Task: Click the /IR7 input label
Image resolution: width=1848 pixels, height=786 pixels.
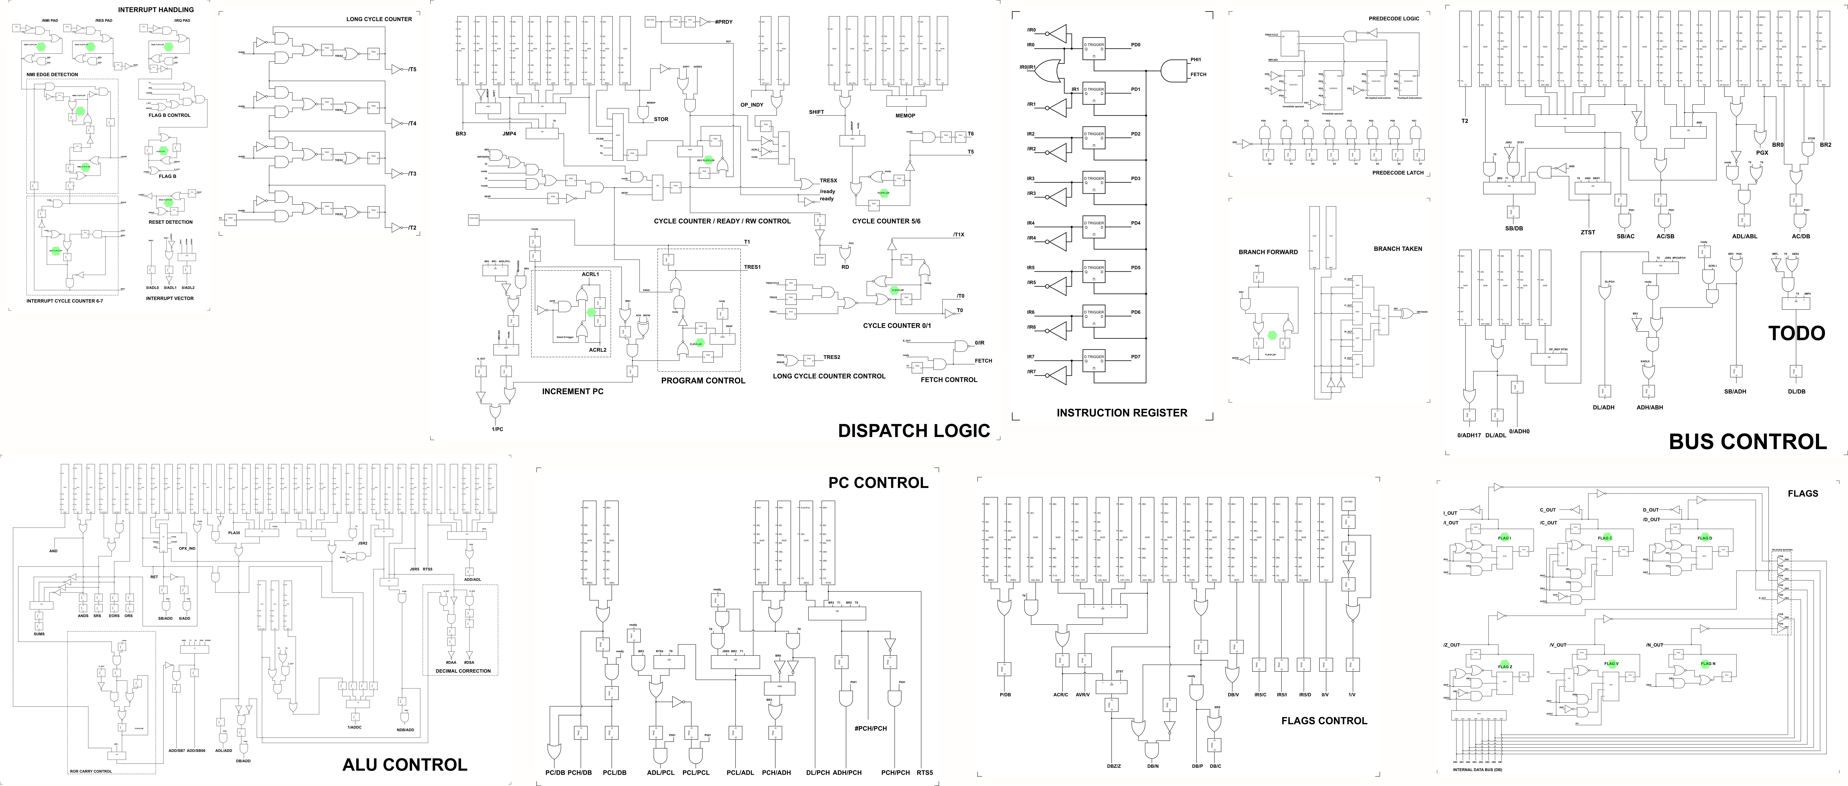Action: point(1031,371)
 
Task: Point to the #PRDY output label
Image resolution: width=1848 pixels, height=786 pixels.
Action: point(723,22)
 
